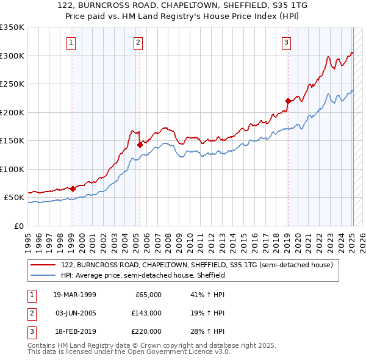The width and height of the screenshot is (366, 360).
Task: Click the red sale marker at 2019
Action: click(288, 101)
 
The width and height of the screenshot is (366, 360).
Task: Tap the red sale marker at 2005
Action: click(140, 145)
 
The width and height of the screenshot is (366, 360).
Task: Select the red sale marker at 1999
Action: click(73, 189)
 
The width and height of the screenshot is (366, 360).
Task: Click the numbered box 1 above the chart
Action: click(72, 42)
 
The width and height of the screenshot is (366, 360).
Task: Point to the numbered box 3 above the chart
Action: click(286, 42)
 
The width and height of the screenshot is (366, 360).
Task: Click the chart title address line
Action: click(183, 6)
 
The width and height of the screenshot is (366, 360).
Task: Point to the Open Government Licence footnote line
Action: click(129, 352)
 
